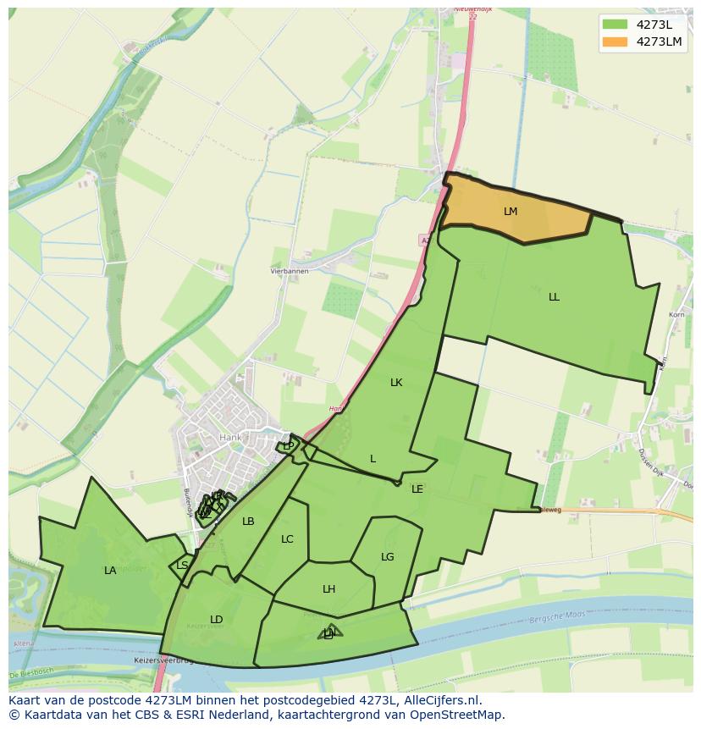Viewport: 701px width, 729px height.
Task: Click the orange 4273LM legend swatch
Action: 615,41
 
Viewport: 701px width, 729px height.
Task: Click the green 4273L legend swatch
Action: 615,24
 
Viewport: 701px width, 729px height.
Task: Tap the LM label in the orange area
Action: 510,212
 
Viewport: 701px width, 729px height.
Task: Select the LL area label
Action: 554,297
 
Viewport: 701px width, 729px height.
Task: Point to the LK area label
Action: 396,383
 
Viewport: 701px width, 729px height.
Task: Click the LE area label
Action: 417,489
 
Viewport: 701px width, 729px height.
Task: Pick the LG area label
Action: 388,557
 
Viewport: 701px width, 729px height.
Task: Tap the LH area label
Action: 328,589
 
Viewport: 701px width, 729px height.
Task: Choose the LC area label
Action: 287,539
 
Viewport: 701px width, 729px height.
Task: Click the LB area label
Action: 248,522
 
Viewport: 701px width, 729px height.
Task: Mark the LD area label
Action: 216,620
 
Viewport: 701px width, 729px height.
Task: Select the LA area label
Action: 110,571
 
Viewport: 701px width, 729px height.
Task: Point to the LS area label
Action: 183,566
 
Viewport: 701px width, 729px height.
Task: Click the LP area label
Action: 289,446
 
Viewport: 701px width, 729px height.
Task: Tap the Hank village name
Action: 229,438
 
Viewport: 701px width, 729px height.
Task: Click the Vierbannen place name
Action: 290,271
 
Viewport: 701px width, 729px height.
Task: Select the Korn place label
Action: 676,315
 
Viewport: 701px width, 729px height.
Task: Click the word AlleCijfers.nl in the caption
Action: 439,701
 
